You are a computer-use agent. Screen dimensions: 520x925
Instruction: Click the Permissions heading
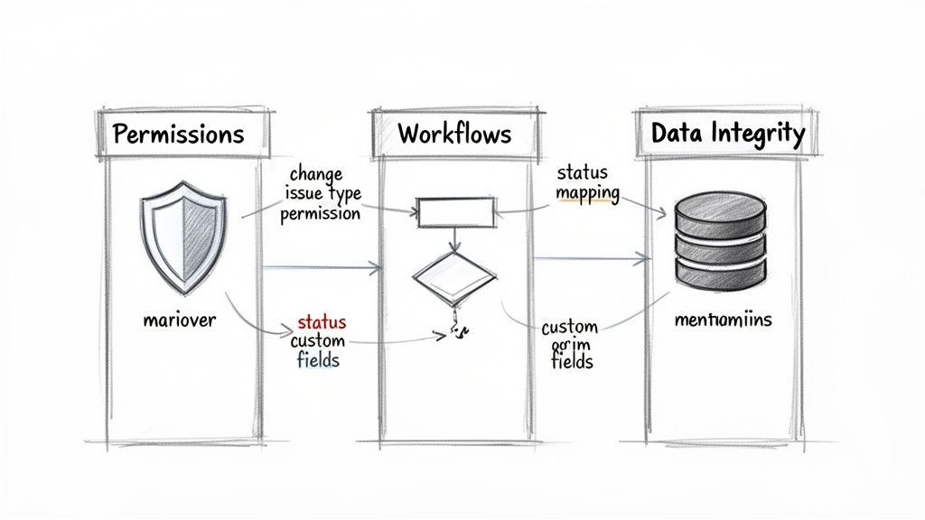tap(179, 135)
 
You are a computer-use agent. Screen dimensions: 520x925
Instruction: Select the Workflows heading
tap(453, 135)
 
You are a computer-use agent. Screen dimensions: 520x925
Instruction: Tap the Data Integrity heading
tap(728, 135)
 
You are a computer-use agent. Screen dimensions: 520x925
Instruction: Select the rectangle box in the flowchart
tap(456, 213)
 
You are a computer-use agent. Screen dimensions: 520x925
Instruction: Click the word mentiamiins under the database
tap(723, 320)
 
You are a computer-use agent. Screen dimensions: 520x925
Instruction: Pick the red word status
tap(321, 322)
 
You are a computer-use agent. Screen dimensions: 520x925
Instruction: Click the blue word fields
tap(318, 360)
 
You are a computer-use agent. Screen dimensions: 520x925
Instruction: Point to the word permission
tap(321, 214)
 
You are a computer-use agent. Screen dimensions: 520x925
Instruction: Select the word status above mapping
tap(583, 172)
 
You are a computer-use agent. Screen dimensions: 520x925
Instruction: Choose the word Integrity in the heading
tap(762, 135)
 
